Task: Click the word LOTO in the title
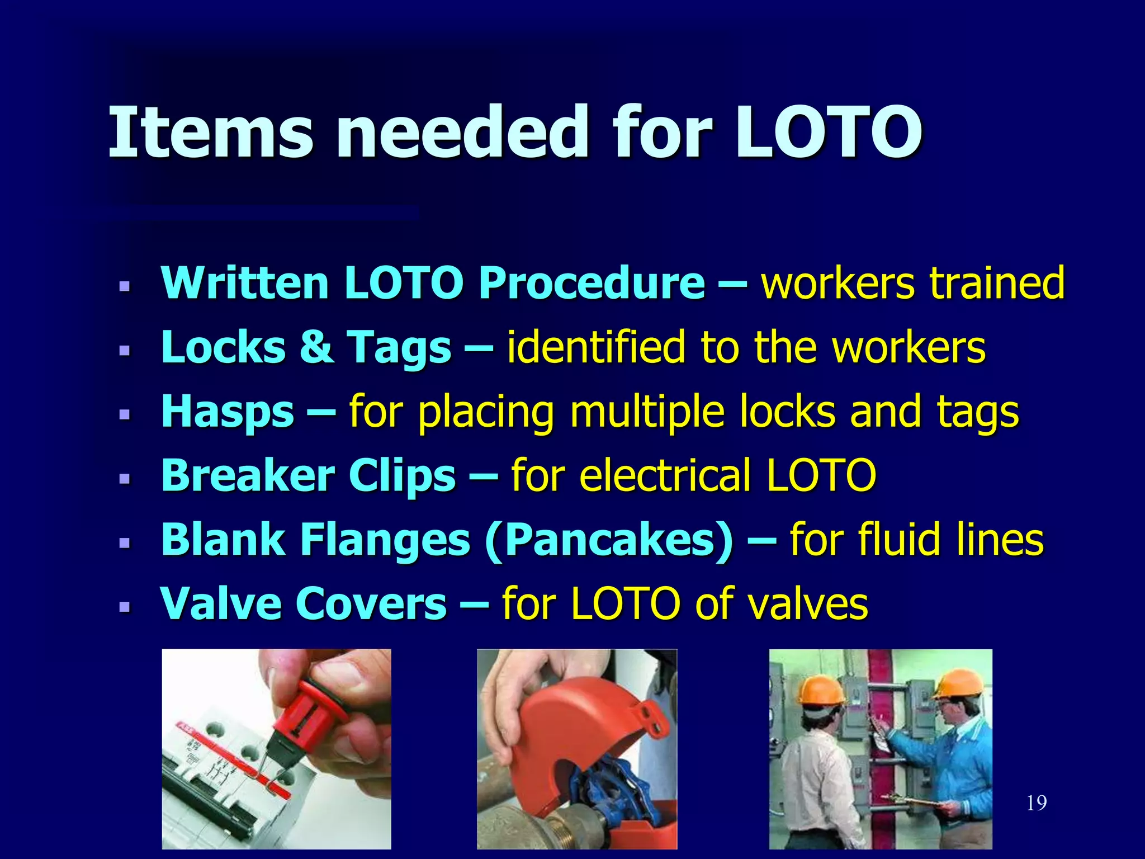coord(827,133)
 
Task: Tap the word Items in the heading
coord(210,133)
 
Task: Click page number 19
coord(1037,803)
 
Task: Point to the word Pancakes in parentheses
coord(609,540)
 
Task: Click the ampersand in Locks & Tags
coord(316,347)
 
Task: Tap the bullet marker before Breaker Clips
coord(124,479)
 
